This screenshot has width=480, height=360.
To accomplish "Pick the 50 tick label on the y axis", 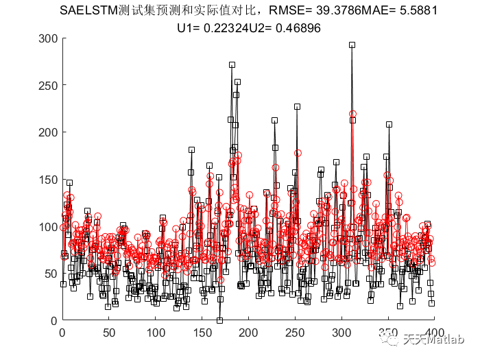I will pyautogui.click(x=49, y=273).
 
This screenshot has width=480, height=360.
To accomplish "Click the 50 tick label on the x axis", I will pyautogui.click(x=109, y=333).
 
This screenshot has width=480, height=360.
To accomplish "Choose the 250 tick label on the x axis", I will pyautogui.click(x=297, y=333).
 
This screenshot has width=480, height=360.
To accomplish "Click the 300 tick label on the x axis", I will pyautogui.click(x=344, y=333).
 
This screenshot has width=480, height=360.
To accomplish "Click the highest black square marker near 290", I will pyautogui.click(x=352, y=45).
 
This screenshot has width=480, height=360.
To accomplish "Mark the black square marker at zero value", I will pyautogui.click(x=219, y=320).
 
